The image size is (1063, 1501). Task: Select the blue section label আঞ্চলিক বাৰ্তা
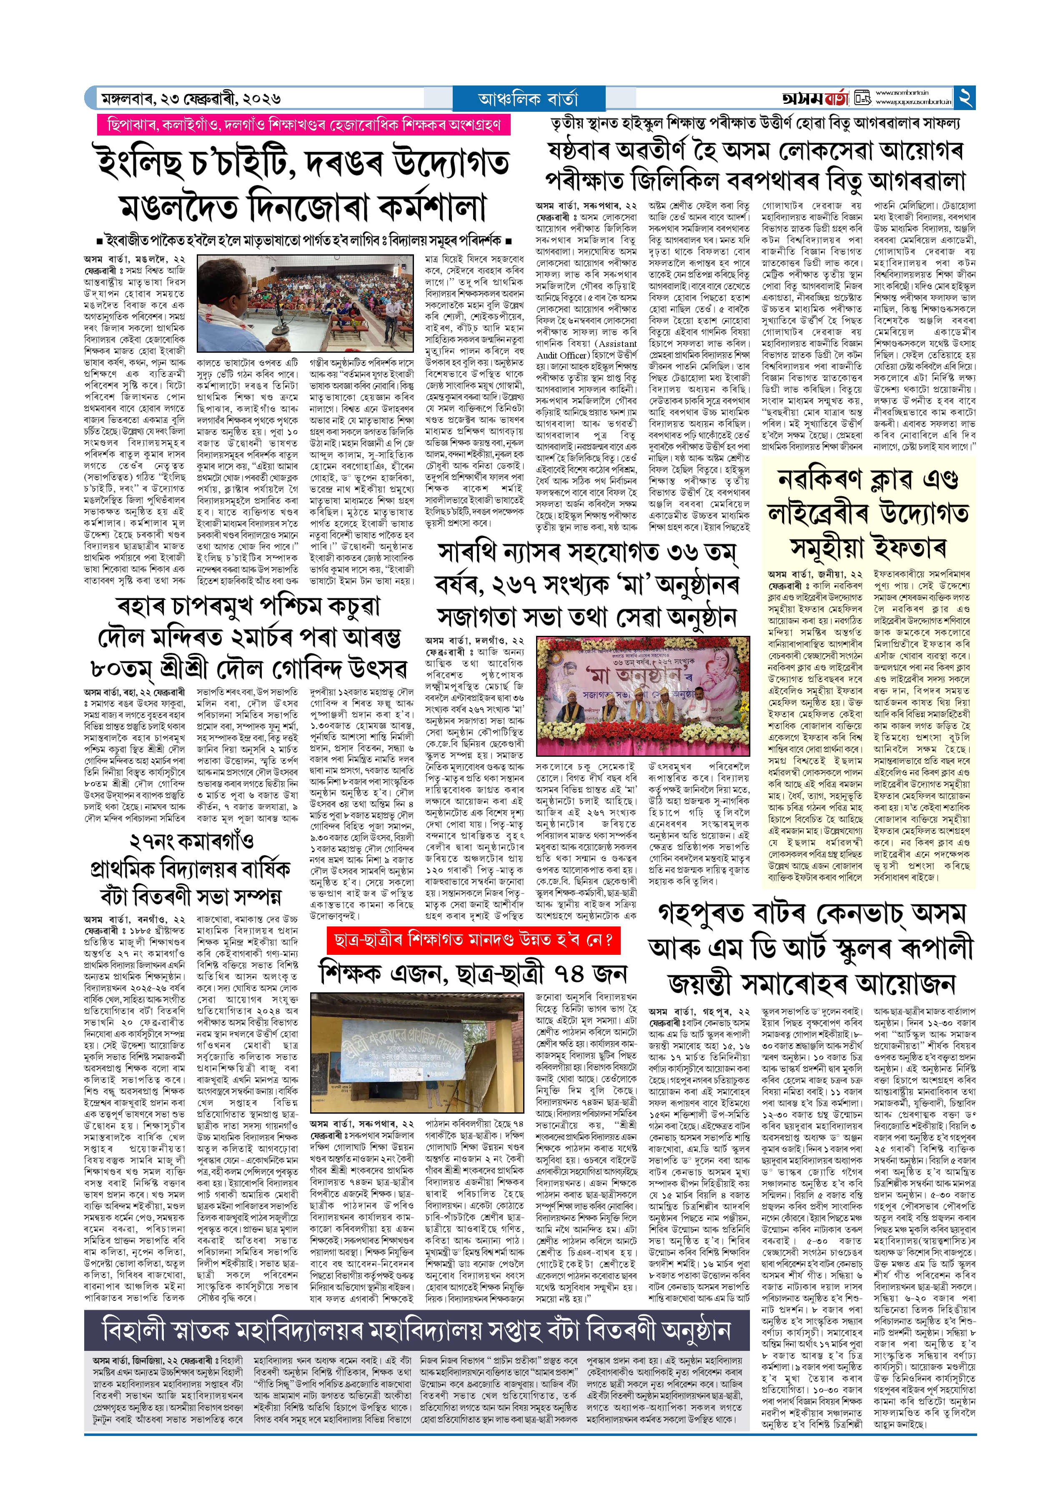tap(528, 99)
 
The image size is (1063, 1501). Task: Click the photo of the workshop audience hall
tap(306, 304)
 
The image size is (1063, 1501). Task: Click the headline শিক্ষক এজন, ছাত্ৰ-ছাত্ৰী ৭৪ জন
tap(473, 974)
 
